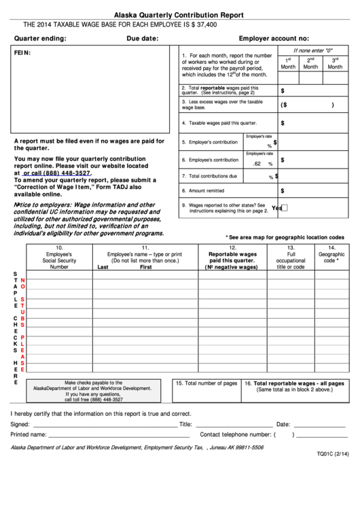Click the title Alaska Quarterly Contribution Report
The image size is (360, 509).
179,14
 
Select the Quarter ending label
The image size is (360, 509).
40,39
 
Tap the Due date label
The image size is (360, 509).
142,39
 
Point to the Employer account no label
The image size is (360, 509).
274,39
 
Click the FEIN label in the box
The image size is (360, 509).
22,53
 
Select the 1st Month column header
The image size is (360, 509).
288,63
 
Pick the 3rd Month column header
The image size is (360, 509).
335,63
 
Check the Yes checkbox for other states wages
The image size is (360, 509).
285,208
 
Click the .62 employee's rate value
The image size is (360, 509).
257,164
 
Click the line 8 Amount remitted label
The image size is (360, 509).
206,191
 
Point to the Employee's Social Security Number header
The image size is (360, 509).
59,258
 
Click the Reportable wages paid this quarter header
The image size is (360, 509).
232,258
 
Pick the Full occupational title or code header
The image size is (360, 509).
291,258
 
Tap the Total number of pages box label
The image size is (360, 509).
206,383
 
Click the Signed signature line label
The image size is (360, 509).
20,424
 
